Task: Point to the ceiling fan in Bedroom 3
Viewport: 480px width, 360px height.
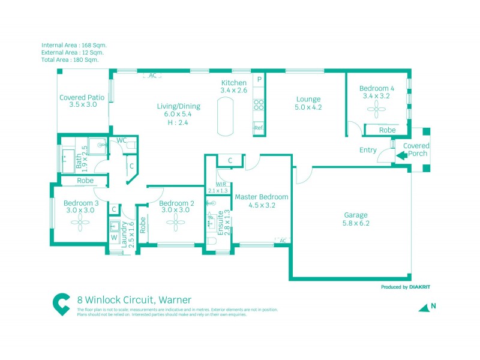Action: click(x=79, y=223)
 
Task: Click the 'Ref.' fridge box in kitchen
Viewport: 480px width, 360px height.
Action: click(x=259, y=128)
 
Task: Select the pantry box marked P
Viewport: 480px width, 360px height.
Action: click(x=259, y=79)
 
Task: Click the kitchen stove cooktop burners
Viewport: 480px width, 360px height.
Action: click(x=259, y=105)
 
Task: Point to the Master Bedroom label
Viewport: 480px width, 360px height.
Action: click(x=261, y=197)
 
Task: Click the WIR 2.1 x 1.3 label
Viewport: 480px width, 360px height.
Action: click(x=217, y=187)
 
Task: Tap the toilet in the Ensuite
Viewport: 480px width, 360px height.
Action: click(x=211, y=241)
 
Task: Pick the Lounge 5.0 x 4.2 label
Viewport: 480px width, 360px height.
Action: click(x=308, y=103)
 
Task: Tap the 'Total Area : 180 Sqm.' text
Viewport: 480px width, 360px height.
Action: click(x=70, y=60)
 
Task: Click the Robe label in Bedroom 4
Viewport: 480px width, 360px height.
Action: click(x=388, y=130)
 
